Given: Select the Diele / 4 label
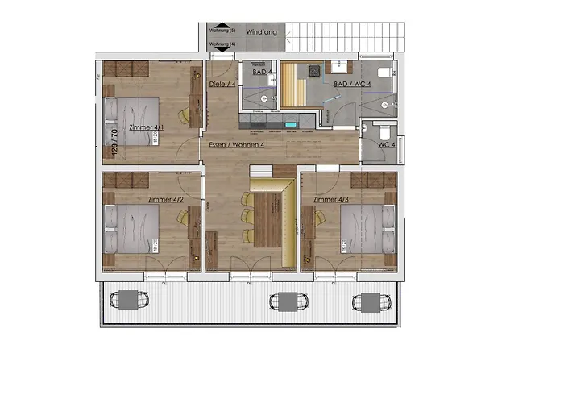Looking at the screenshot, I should (222, 84).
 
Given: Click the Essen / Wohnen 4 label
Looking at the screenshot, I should (236, 144).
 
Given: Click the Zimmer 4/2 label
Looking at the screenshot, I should (166, 198).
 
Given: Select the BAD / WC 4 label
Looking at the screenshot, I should (351, 84).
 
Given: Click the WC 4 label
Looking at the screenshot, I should (387, 144).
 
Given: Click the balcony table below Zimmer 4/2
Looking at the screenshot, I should (130, 300).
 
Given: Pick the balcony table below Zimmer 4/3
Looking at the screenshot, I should (367, 301).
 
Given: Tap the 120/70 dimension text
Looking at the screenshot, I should (114, 141).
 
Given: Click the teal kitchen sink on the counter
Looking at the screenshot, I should (291, 125).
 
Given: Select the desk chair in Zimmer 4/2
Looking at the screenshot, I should (185, 218).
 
